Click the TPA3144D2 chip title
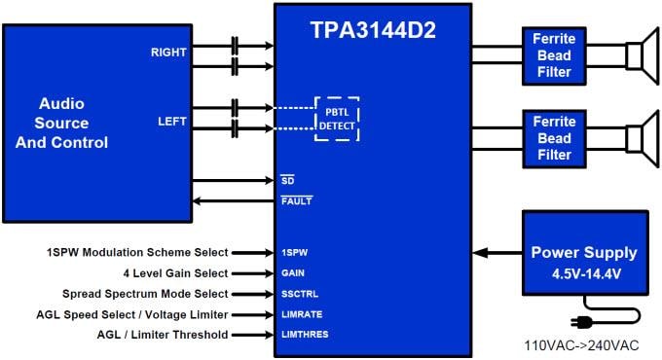point(375,29)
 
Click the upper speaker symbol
point(639,55)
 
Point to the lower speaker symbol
point(639,137)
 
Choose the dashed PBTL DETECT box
point(336,119)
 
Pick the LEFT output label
point(172,122)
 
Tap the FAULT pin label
point(296,201)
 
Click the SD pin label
point(287,180)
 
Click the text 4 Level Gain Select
point(169,272)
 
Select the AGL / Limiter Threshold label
point(163,335)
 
